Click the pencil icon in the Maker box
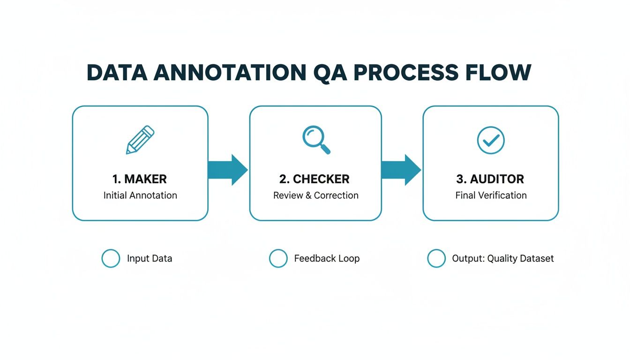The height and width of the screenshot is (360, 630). click(140, 140)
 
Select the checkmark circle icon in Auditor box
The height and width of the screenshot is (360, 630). click(490, 140)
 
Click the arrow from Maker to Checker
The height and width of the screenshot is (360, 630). click(228, 170)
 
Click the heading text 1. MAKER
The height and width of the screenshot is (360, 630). click(140, 179)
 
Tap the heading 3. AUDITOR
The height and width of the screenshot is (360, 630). click(490, 179)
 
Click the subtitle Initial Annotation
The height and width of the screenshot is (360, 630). click(140, 195)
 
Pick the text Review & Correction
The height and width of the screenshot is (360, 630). click(315, 195)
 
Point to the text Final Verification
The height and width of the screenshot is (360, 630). click(491, 195)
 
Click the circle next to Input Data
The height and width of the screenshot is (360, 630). click(111, 258)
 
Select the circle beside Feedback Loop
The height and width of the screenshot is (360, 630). click(278, 258)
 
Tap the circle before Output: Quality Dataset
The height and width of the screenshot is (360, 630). click(436, 258)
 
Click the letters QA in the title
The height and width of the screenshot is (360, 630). click(328, 73)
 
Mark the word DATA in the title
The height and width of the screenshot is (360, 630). click(117, 73)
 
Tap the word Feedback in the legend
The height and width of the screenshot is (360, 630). click(314, 258)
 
